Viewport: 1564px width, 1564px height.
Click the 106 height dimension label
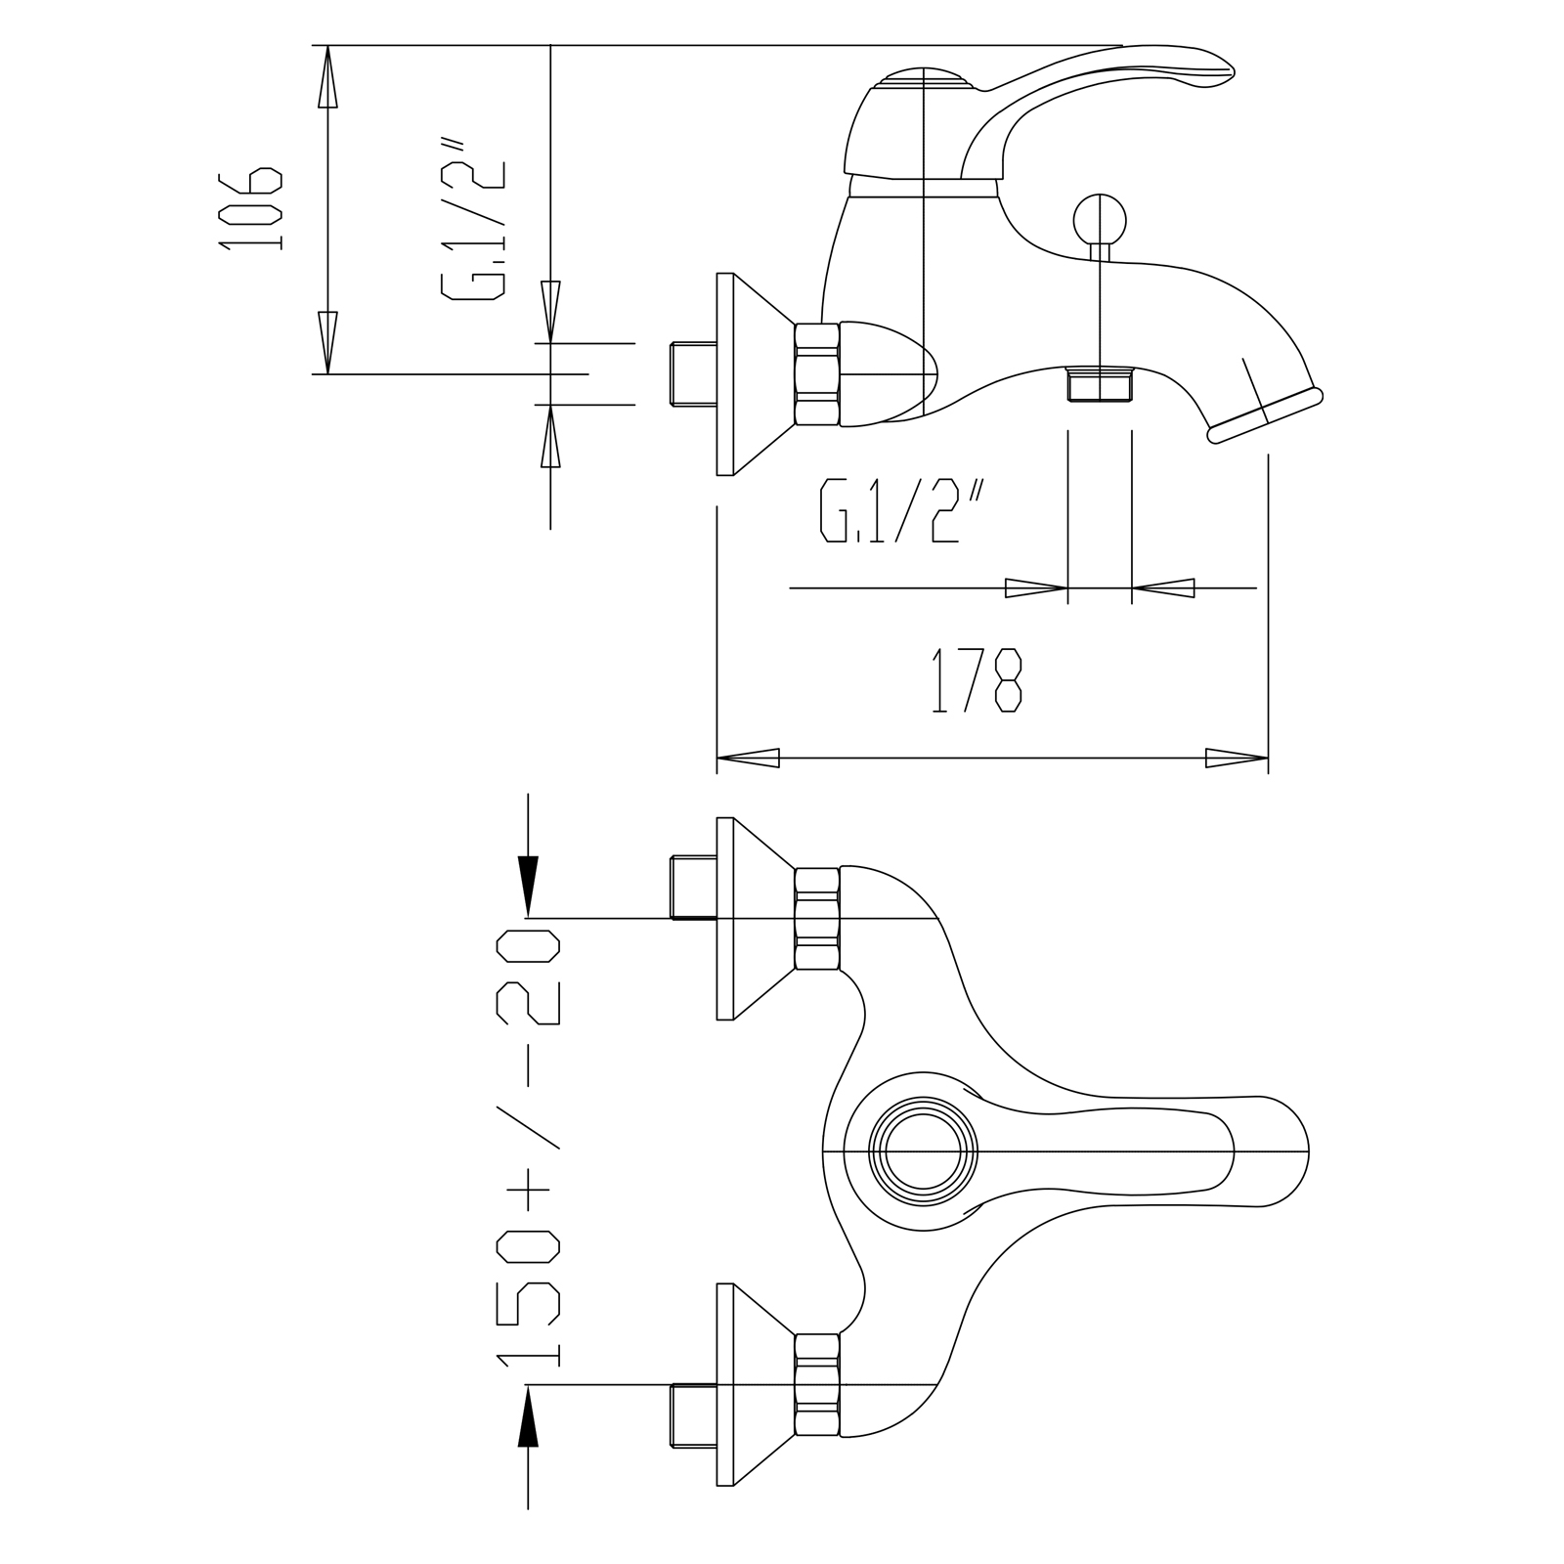tap(252, 208)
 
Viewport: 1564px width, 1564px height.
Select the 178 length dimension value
tap(976, 680)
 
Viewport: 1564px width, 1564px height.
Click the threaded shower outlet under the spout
tap(1100, 384)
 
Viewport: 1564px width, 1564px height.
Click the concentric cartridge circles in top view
tap(923, 1152)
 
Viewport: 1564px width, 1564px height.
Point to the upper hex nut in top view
tap(817, 919)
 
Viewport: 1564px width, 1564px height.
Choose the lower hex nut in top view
tap(817, 1384)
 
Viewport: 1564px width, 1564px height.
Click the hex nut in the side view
tap(817, 374)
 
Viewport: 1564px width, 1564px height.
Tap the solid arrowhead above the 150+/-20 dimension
tap(528, 885)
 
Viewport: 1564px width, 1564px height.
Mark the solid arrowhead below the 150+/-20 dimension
tap(528, 1416)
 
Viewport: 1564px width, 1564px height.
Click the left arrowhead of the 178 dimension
tap(749, 758)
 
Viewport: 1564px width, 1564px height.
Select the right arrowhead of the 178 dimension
tap(1237, 758)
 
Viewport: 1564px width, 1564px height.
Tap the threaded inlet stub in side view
tap(693, 373)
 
